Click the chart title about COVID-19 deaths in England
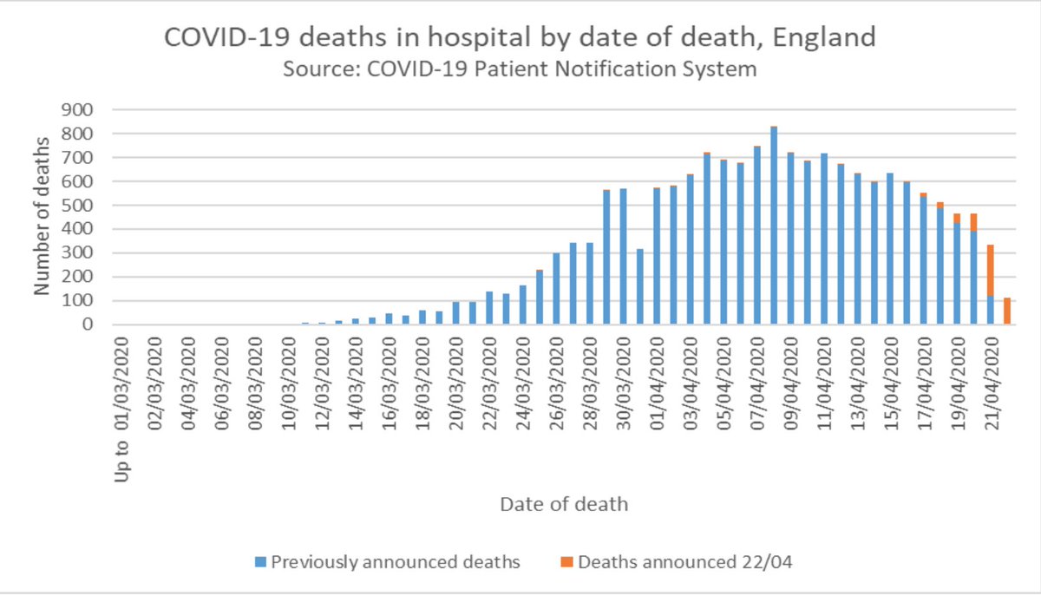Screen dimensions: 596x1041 520,38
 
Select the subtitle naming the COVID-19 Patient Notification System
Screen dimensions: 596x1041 520,69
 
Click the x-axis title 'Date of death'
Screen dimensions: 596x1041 563,503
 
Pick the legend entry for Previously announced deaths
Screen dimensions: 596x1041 388,561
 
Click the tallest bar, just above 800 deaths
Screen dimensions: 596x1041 774,226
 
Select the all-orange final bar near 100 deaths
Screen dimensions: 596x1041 1007,311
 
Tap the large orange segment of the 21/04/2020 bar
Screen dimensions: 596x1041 991,271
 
